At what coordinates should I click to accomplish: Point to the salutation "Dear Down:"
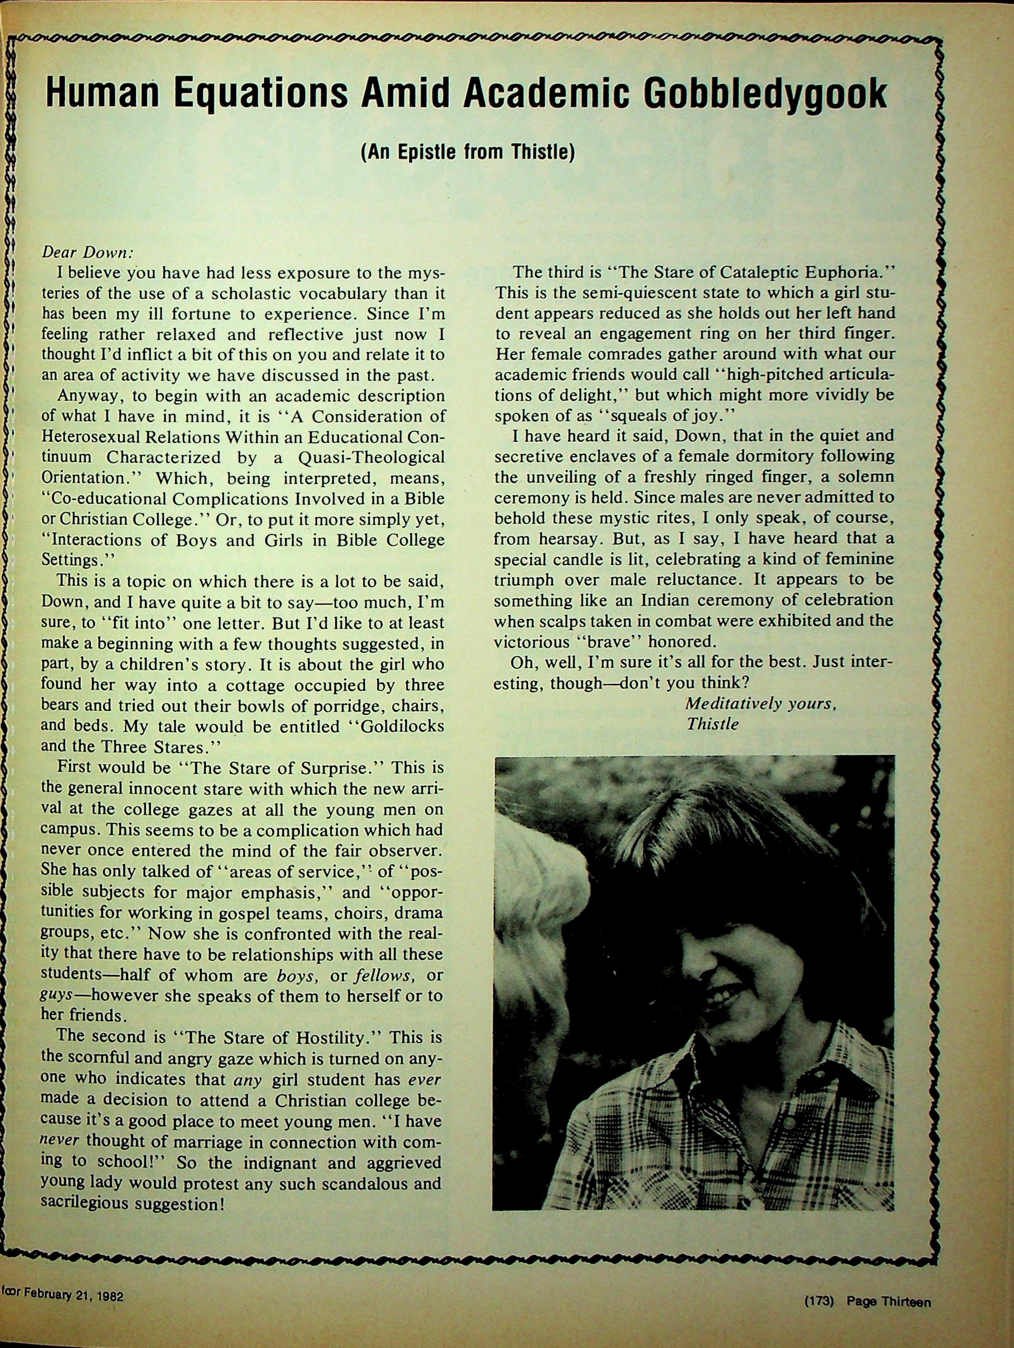86,252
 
